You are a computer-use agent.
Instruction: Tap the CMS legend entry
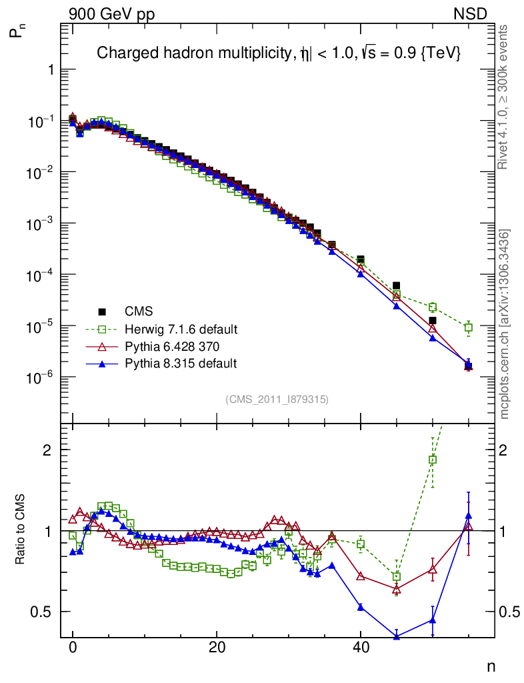point(138,311)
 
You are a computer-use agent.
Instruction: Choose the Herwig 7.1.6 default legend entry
point(181,329)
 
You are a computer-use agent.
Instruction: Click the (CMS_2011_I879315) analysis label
point(277,399)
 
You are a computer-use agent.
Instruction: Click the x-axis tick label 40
point(360,648)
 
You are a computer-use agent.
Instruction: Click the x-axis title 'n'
point(490,666)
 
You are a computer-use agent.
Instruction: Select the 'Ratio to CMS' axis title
point(22,531)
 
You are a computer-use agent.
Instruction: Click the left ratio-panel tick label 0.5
point(43,612)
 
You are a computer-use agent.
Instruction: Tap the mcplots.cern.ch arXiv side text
point(504,324)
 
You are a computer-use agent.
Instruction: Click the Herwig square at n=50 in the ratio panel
point(433,460)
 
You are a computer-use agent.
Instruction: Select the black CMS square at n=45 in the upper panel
point(397,285)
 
